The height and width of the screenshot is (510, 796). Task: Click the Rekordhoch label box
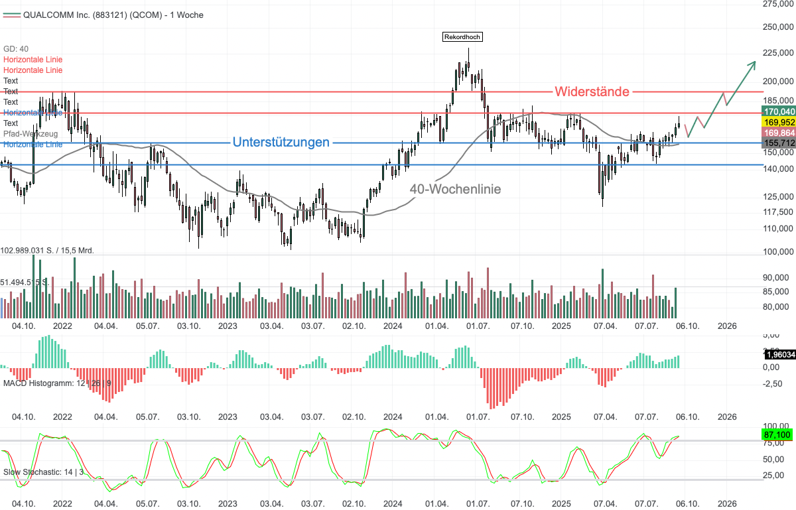tap(462, 36)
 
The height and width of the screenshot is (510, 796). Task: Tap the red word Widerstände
tap(592, 92)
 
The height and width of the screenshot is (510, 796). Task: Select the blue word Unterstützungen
tap(281, 142)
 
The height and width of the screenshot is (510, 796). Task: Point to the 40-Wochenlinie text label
tap(455, 189)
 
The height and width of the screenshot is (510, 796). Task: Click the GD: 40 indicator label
tap(16, 49)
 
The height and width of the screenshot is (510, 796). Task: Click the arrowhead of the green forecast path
tap(754, 64)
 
